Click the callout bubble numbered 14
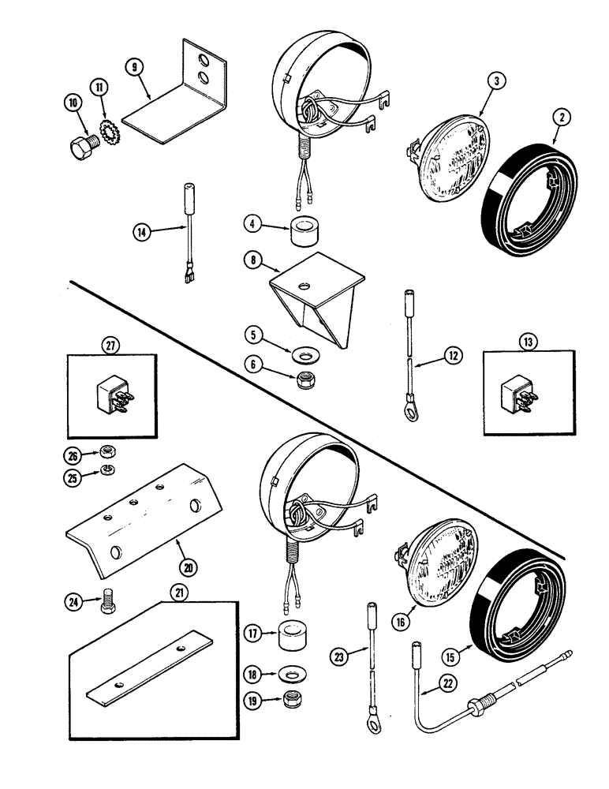(x=142, y=231)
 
